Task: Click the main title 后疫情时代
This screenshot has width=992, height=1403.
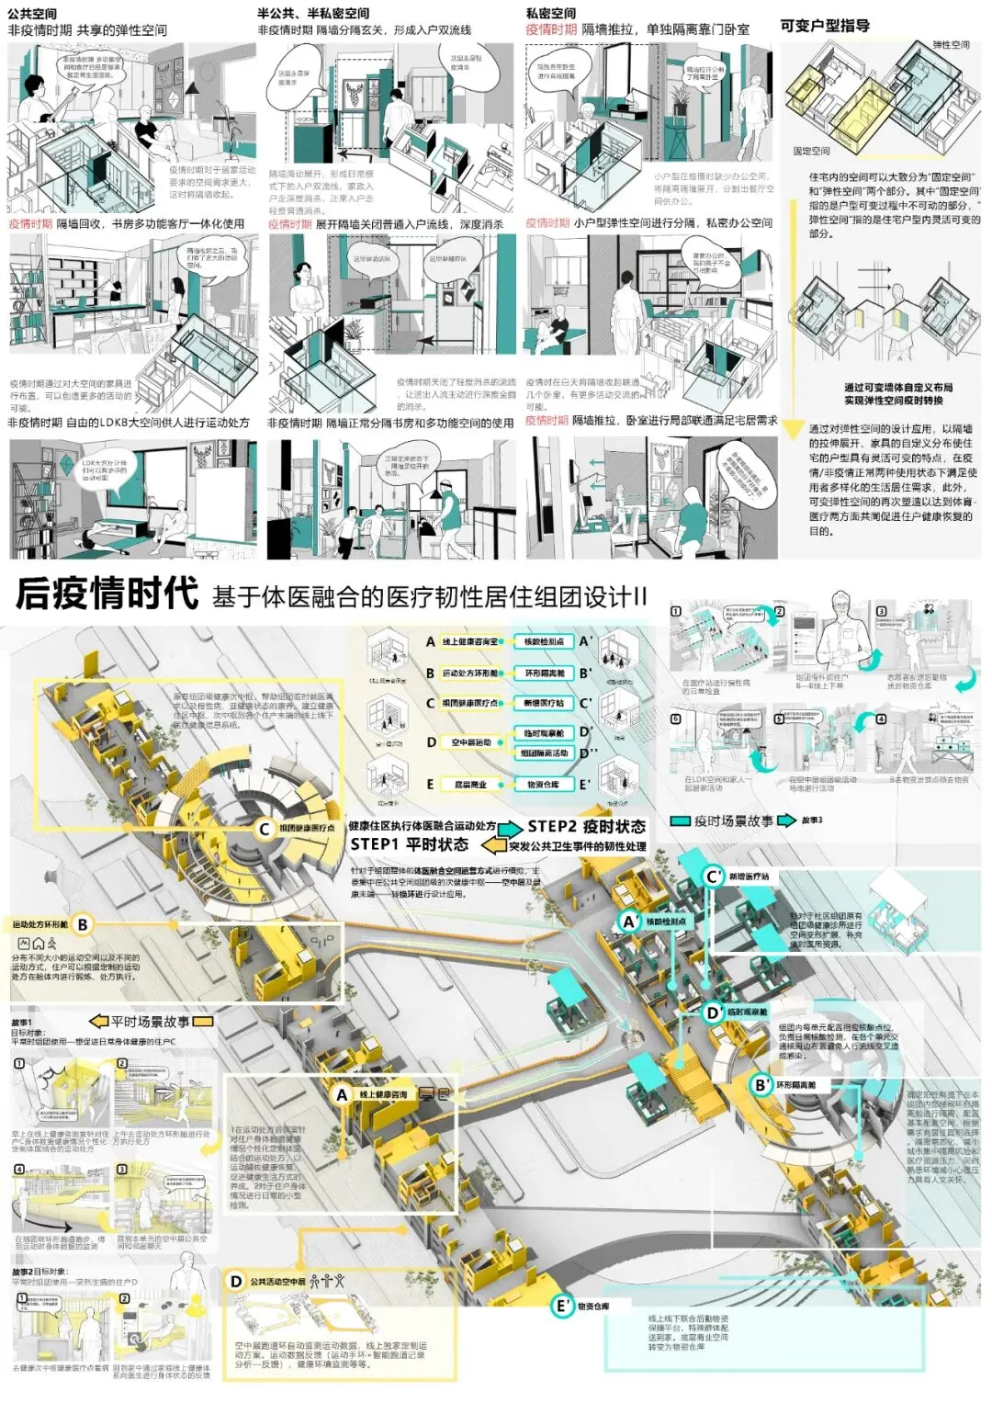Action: point(107,594)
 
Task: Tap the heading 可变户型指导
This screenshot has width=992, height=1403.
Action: point(824,26)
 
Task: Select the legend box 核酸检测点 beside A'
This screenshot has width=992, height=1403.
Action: point(544,641)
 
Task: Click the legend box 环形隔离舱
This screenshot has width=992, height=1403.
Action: point(544,673)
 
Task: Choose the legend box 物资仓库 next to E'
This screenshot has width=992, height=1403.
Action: point(544,784)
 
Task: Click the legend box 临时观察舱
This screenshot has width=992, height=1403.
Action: point(544,732)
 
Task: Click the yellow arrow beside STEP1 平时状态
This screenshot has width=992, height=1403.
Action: point(494,845)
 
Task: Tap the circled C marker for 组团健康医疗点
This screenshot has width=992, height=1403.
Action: point(264,829)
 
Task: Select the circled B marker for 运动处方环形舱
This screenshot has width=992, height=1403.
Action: point(83,924)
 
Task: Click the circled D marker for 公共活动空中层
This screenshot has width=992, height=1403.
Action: point(236,1281)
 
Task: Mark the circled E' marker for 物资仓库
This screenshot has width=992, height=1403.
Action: point(562,1306)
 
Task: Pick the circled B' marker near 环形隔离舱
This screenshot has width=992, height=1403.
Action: point(761,1084)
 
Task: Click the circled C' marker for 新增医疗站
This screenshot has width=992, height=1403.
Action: point(713,877)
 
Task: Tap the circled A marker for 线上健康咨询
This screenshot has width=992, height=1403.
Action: point(342,1094)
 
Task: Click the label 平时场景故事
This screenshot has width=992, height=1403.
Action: point(150,1021)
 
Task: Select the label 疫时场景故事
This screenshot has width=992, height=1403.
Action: point(733,820)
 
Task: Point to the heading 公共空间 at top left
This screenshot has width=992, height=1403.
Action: point(32,13)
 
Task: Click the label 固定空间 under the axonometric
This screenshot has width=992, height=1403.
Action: point(811,151)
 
